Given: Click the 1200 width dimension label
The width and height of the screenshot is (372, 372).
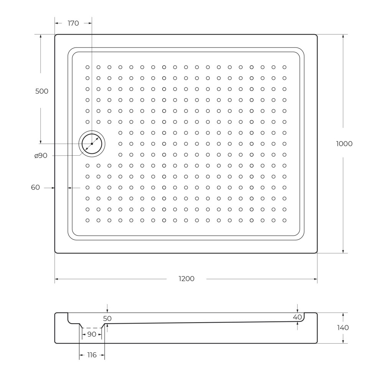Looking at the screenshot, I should pyautogui.click(x=186, y=279).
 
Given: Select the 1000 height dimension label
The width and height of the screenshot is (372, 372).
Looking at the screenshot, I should pyautogui.click(x=344, y=144).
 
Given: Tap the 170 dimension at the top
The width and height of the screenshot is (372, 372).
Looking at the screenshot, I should pyautogui.click(x=73, y=23).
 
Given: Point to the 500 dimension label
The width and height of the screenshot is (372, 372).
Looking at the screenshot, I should pyautogui.click(x=42, y=91).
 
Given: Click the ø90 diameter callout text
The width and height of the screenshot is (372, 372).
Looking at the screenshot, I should pyautogui.click(x=41, y=156).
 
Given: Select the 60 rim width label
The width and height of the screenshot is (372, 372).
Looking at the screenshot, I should pyautogui.click(x=35, y=188).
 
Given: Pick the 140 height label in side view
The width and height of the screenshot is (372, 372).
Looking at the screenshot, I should pyautogui.click(x=343, y=328).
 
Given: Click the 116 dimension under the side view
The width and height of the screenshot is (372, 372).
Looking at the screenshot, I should pyautogui.click(x=92, y=355).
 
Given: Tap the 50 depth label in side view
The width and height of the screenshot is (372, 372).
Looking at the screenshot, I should pyautogui.click(x=107, y=319).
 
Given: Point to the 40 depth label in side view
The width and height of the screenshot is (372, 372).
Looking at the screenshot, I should pyautogui.click(x=297, y=317).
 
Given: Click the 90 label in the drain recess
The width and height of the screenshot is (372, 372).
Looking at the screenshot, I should pyautogui.click(x=92, y=334).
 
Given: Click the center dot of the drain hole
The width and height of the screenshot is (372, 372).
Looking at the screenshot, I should pyautogui.click(x=92, y=144).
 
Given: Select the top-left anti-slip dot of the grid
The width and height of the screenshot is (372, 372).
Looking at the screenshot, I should pyautogui.click(x=87, y=67).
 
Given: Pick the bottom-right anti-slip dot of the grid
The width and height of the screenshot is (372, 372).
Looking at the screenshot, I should pyautogui.click(x=285, y=221).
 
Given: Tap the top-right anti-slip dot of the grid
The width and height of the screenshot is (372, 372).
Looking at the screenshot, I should pyautogui.click(x=285, y=67).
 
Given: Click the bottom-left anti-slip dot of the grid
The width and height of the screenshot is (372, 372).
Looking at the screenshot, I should pyautogui.click(x=87, y=221).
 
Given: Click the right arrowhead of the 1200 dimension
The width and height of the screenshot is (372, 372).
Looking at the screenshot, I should pyautogui.click(x=316, y=279).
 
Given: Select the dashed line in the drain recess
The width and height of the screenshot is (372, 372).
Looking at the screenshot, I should pyautogui.click(x=92, y=328).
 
